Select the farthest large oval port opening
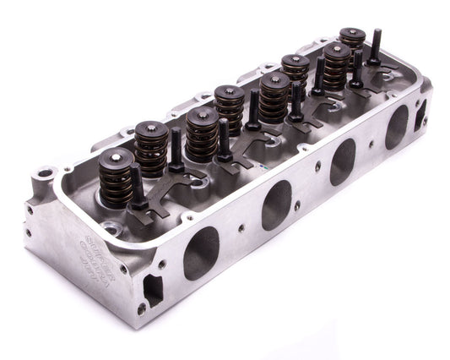[x=396, y=127]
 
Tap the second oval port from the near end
[x=276, y=205]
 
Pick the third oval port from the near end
[x=343, y=162]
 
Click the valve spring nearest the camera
[x=117, y=177]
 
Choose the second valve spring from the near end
[x=152, y=149]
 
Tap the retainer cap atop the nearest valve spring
[x=116, y=158]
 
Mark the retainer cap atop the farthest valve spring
[x=351, y=33]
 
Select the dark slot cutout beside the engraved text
[x=153, y=289]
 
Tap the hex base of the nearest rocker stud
[x=137, y=202]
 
